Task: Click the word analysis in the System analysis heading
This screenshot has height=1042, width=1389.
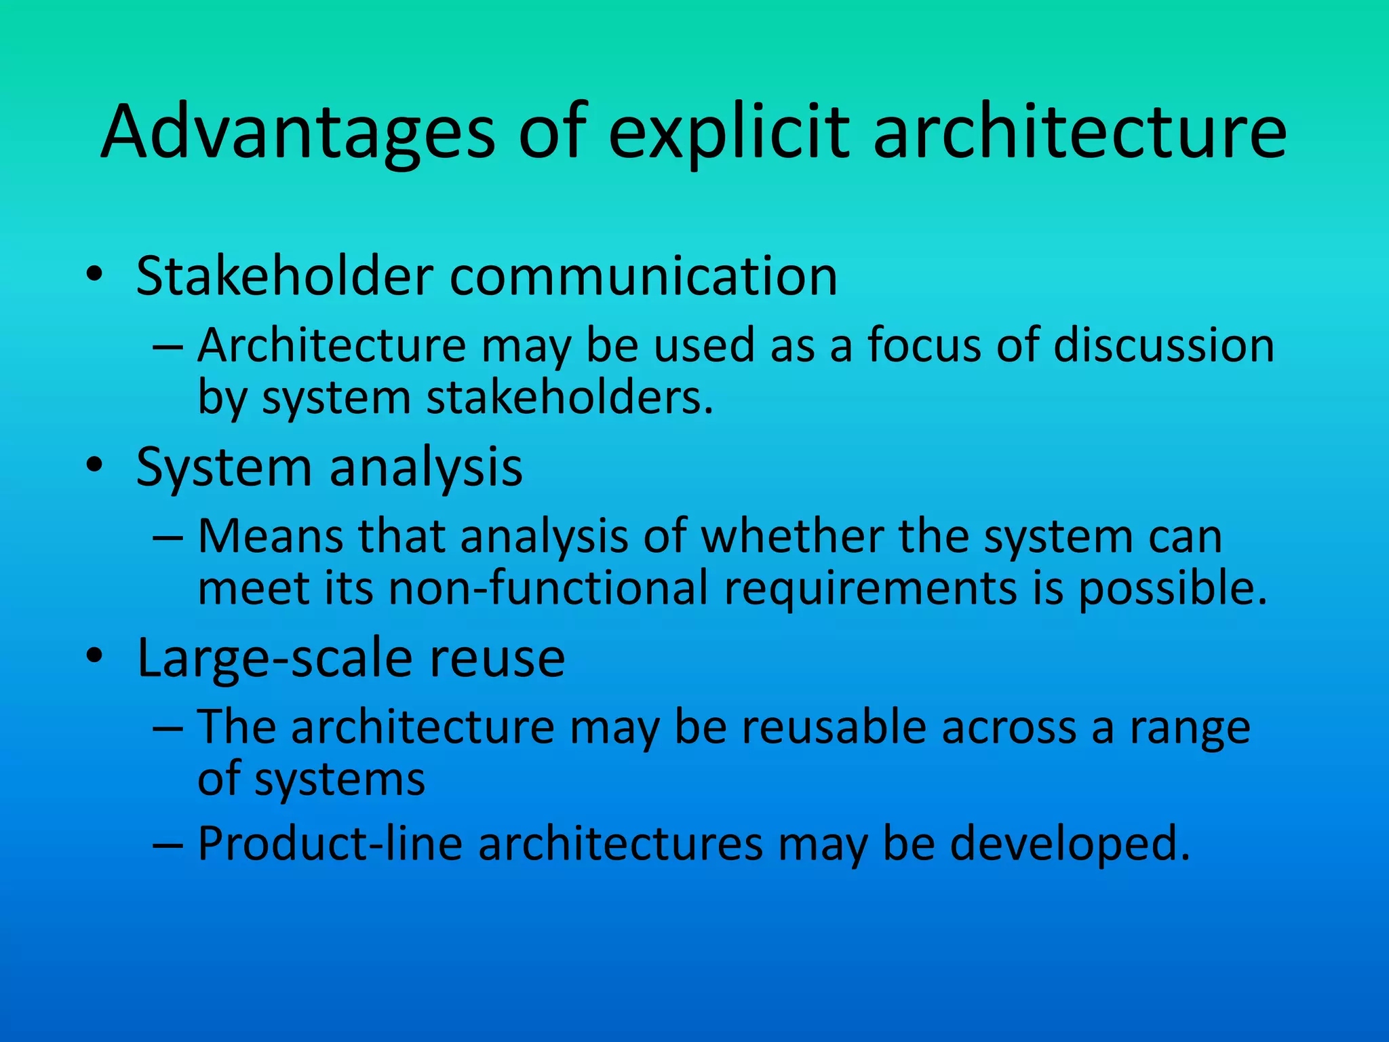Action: point(426,468)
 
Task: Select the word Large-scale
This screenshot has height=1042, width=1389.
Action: point(274,658)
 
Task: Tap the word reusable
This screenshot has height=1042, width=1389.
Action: point(834,727)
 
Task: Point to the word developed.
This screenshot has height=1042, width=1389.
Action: point(1070,844)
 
